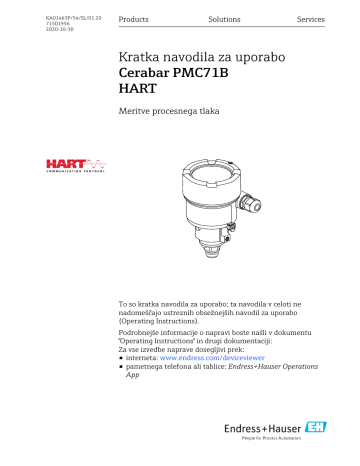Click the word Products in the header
(x=135, y=20)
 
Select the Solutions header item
(x=224, y=20)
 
